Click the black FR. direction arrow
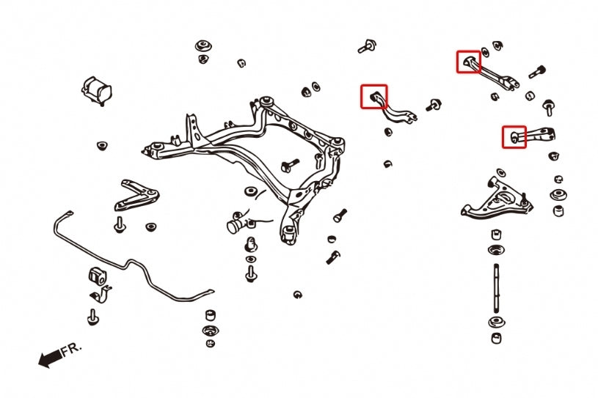pos(49,358)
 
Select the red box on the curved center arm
pos(373,96)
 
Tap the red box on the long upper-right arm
pos(469,62)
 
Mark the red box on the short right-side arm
pos(514,136)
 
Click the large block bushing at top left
pos(98,89)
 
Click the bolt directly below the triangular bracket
pos(119,224)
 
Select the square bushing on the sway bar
pos(98,275)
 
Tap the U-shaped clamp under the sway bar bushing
pos(102,297)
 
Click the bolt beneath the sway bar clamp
pos(94,317)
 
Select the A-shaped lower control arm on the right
pos(496,199)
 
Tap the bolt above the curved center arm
pos(365,48)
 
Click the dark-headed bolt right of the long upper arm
pos(536,72)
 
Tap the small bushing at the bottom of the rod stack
pos(497,338)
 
